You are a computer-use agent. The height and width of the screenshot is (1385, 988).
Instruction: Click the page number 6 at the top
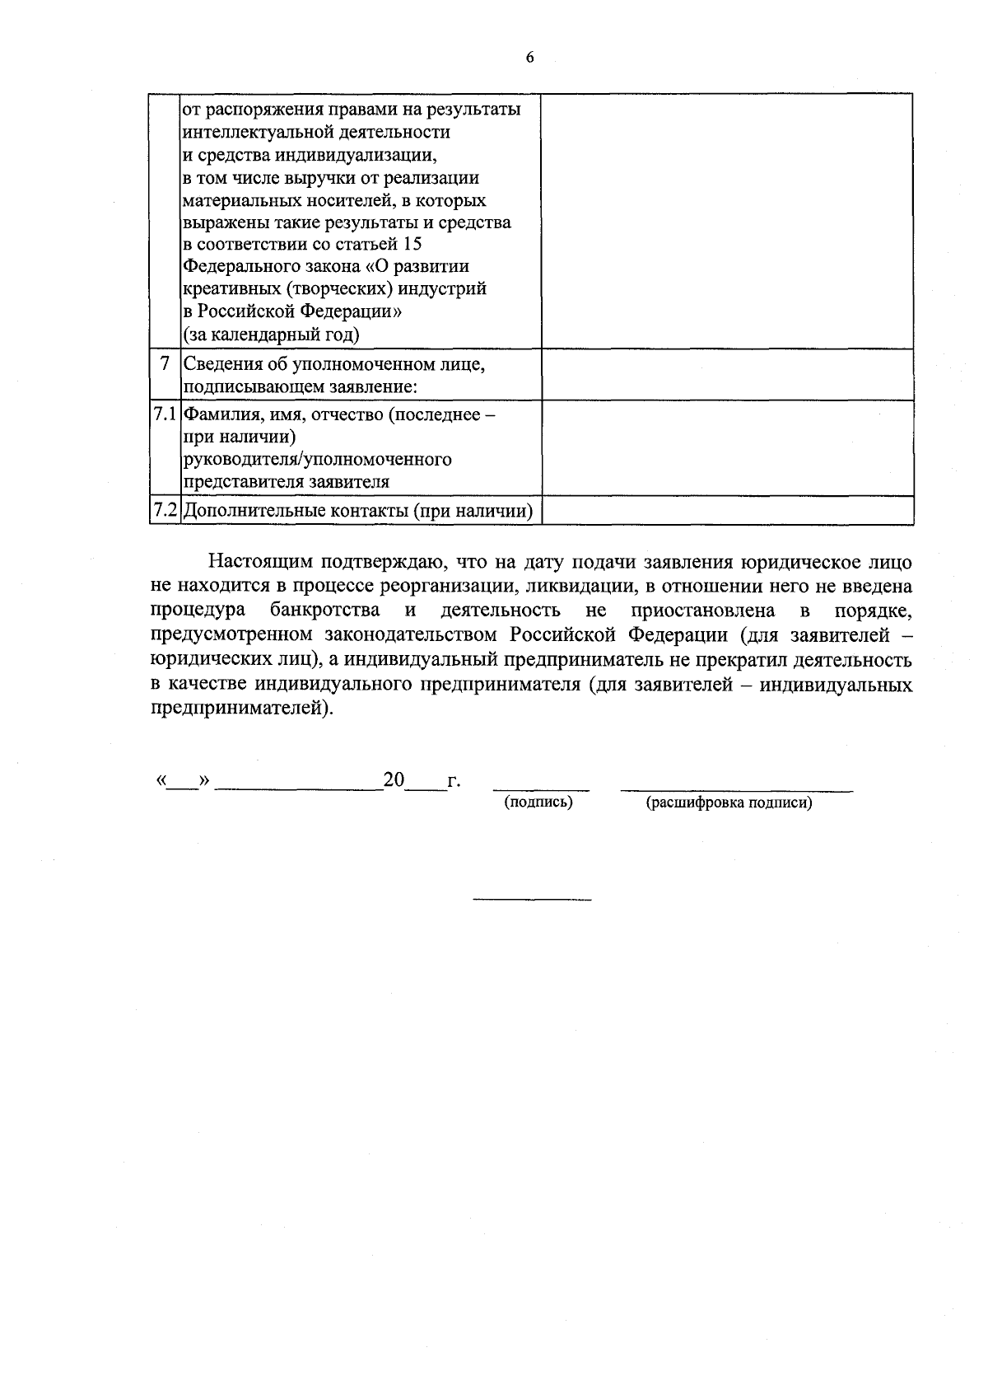pyautogui.click(x=529, y=57)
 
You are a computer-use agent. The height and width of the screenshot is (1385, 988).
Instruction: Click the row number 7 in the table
pyautogui.click(x=165, y=363)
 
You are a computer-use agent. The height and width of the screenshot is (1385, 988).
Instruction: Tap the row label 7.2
pyautogui.click(x=165, y=511)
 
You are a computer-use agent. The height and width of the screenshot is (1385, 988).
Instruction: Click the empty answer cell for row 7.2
pyautogui.click(x=727, y=511)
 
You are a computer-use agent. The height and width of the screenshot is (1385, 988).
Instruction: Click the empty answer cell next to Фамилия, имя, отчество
pyautogui.click(x=727, y=447)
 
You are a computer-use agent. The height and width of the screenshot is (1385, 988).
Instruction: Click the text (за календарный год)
pyautogui.click(x=271, y=335)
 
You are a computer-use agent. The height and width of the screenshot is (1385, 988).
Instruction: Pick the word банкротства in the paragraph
pyautogui.click(x=324, y=611)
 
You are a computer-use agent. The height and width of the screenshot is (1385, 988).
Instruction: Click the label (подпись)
pyautogui.click(x=538, y=802)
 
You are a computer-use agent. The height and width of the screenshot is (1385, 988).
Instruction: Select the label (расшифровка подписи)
pyautogui.click(x=729, y=802)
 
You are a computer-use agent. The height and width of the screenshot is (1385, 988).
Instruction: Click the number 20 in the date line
pyautogui.click(x=394, y=779)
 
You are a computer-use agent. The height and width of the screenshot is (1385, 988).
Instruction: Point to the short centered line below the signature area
pyautogui.click(x=532, y=898)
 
